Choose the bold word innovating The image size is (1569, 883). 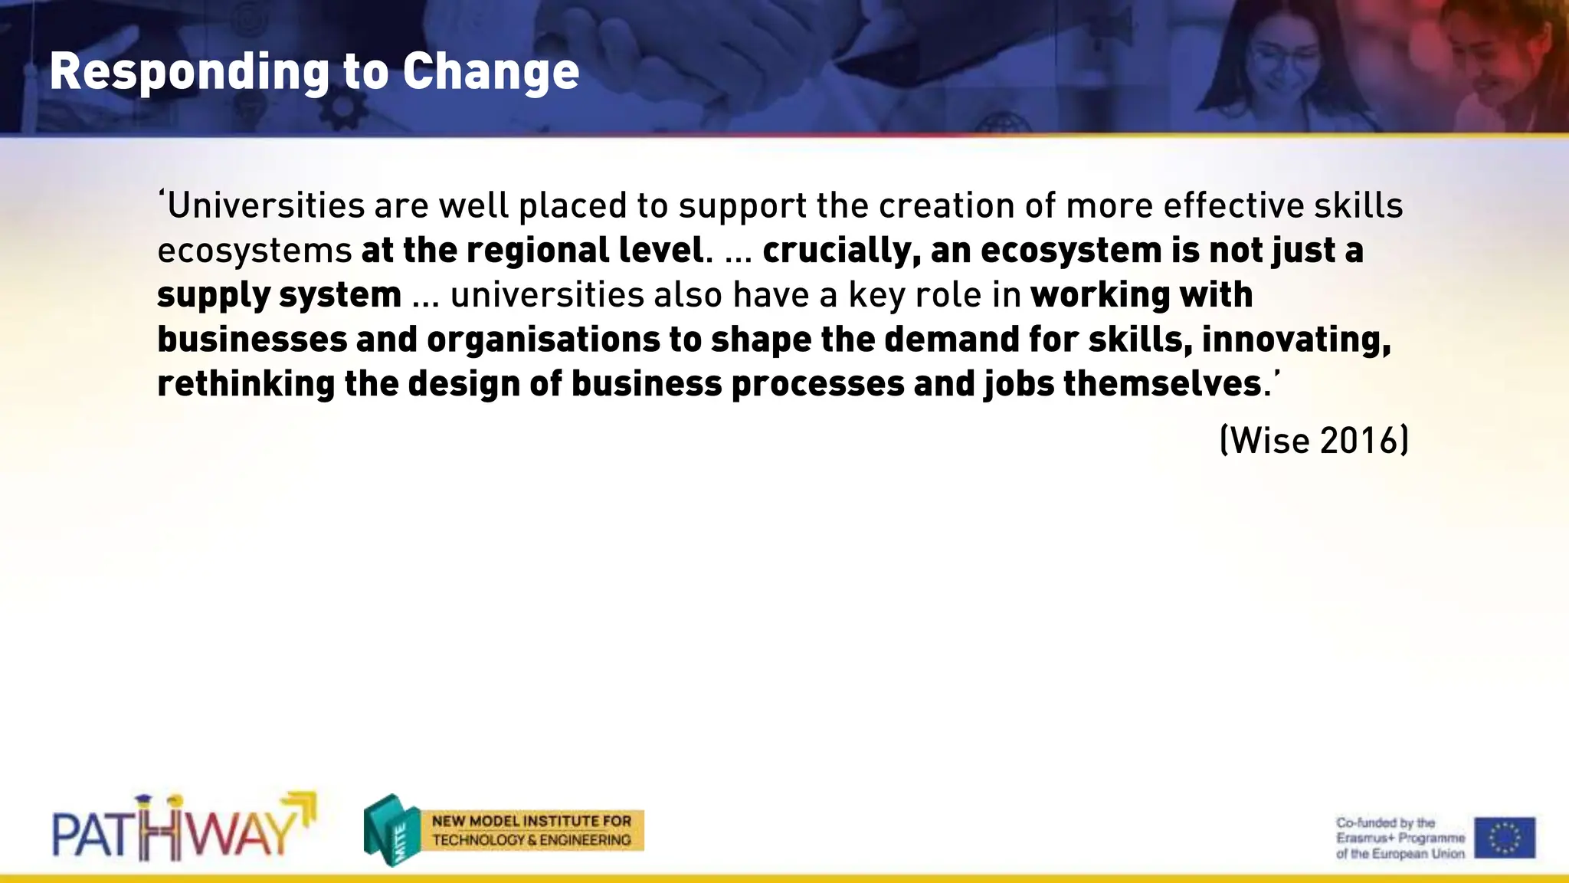(x=1295, y=340)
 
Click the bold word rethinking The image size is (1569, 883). (x=245, y=383)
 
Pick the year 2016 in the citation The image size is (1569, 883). (x=1359, y=441)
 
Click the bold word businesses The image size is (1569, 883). (x=252, y=340)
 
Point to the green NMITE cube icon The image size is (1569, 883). (x=391, y=830)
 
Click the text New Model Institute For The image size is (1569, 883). (x=531, y=821)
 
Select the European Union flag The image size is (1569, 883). (x=1505, y=837)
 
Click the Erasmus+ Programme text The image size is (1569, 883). (x=1400, y=838)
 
